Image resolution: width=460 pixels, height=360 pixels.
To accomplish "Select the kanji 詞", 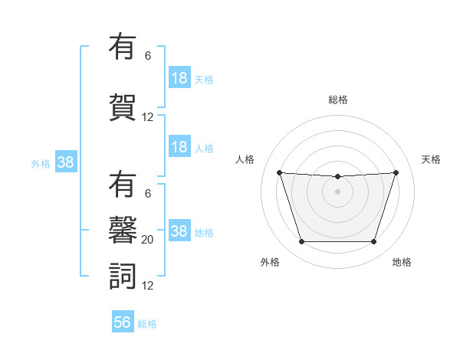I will tap(123, 276).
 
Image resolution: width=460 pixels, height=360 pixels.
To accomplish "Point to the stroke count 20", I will tap(148, 240).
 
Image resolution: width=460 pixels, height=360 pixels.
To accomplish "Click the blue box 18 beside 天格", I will tap(179, 78).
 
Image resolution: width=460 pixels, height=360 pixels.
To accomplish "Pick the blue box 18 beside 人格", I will tap(179, 147).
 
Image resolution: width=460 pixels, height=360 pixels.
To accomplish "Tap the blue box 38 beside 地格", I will tap(179, 231).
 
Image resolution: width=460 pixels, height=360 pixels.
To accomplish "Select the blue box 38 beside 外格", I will tap(65, 162).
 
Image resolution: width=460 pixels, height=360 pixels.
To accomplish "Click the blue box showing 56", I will tap(123, 322).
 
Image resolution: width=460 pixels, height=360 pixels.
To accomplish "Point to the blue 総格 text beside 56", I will tap(147, 324).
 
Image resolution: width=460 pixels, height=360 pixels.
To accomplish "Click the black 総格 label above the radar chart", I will tap(337, 100).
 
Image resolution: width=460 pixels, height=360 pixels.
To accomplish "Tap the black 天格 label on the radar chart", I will tap(431, 159).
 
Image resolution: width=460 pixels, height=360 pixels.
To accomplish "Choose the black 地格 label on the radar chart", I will tap(402, 262).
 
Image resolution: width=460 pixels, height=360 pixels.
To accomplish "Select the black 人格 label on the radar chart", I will tap(245, 159).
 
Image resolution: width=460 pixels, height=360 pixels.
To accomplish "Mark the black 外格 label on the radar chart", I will tap(270, 262).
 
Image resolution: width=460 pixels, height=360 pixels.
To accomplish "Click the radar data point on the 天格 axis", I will tap(396, 172).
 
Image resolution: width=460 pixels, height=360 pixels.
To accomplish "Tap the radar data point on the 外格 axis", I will tap(301, 242).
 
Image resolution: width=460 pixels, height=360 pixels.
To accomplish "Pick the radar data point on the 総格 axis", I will tap(337, 177).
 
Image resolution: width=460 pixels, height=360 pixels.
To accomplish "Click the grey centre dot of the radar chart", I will tap(337, 191).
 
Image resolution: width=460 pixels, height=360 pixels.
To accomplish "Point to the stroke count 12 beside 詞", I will tap(148, 286).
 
